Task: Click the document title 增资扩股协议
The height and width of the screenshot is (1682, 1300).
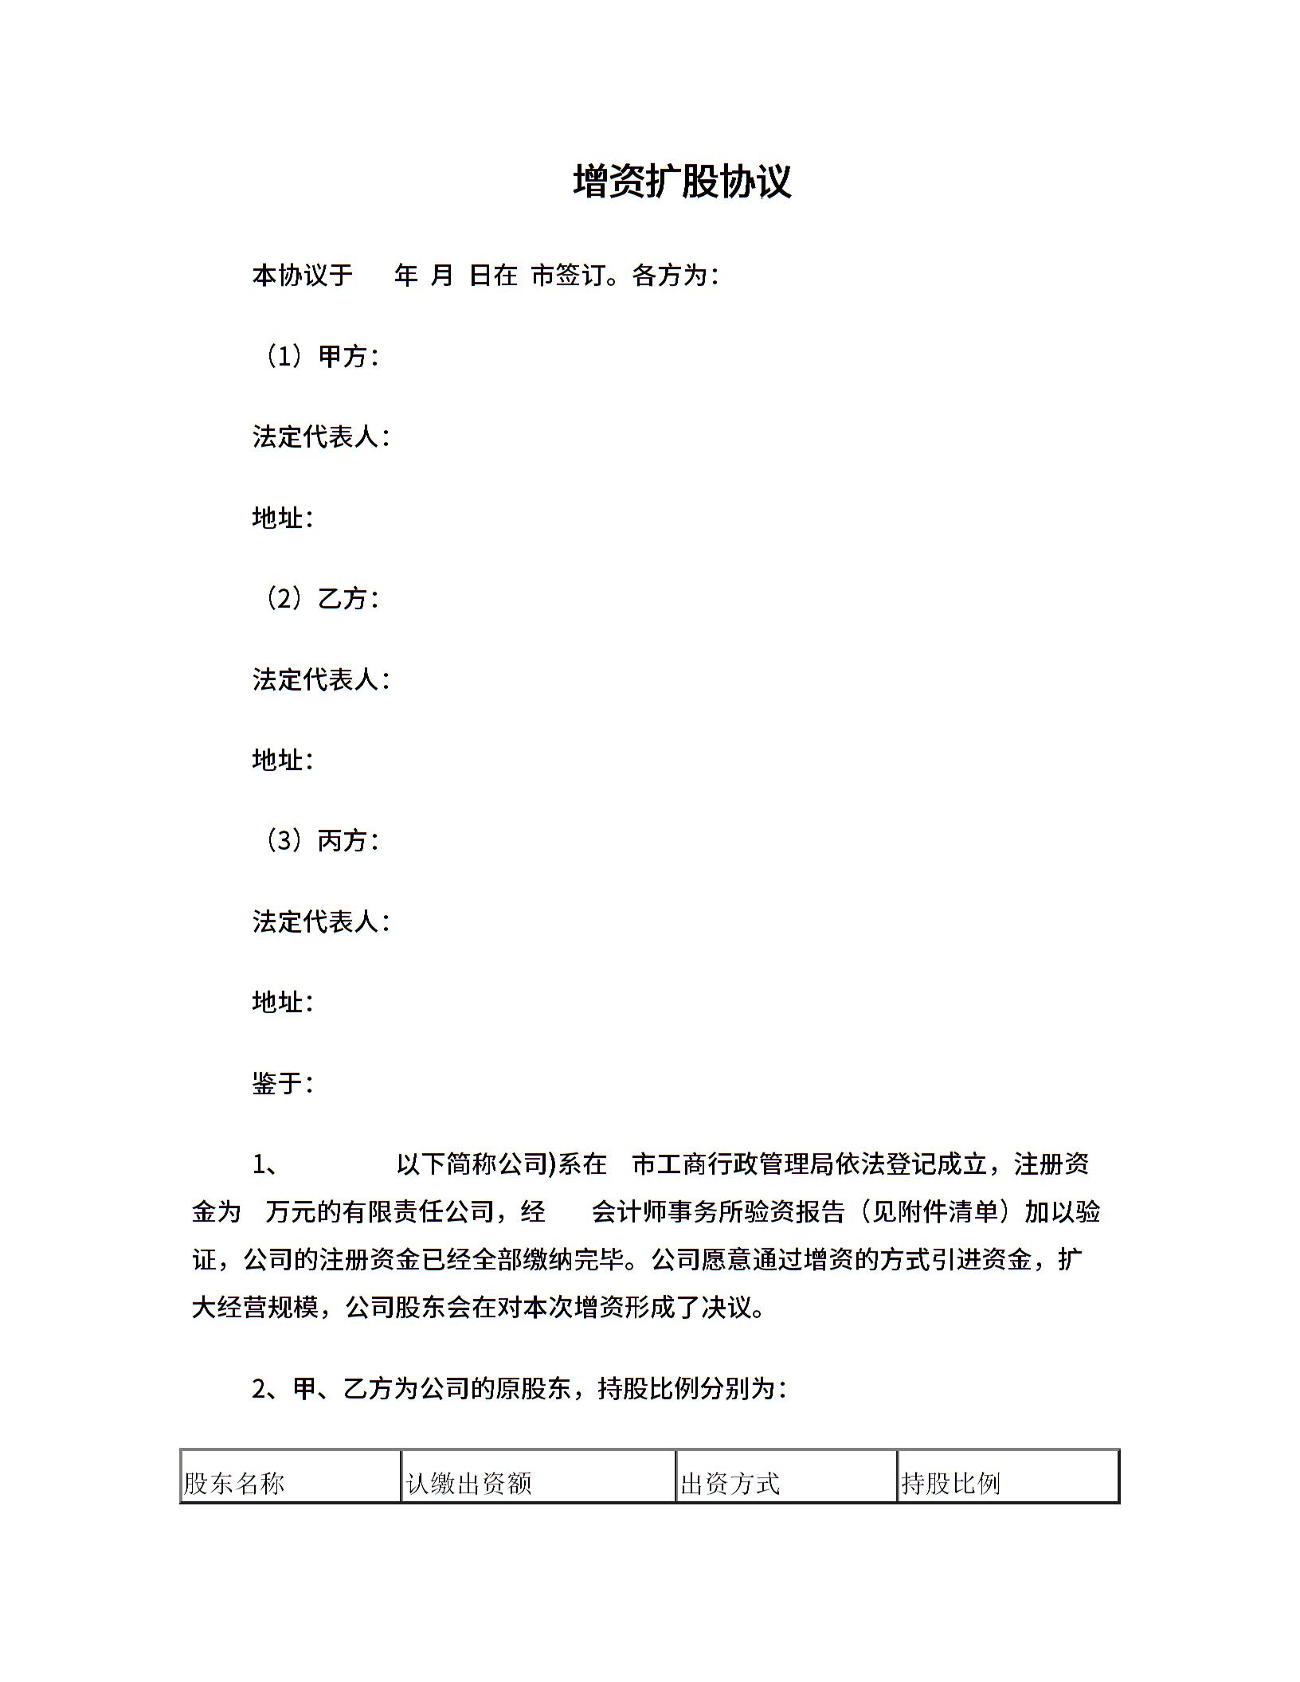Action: [x=682, y=182]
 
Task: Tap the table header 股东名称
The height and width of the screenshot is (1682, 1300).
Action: [x=234, y=1483]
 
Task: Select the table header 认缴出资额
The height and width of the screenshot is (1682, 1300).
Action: [x=468, y=1483]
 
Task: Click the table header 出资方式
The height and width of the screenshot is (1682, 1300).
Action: [x=730, y=1483]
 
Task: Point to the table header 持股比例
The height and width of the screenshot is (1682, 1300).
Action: [x=950, y=1483]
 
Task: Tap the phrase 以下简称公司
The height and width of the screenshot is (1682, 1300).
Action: [x=472, y=1164]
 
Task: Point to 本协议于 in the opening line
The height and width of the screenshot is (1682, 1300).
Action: [x=303, y=276]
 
